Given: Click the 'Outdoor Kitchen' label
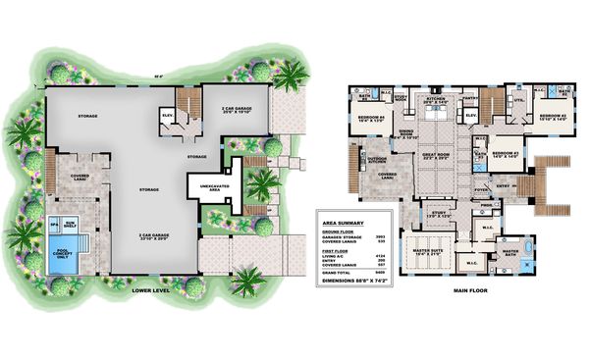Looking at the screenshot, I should click(x=378, y=159).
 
